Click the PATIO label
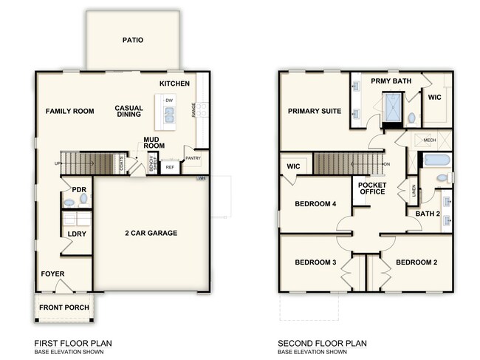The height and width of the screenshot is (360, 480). tap(133, 40)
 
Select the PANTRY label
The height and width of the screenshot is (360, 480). tap(193, 157)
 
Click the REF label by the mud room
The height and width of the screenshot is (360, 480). tap(170, 167)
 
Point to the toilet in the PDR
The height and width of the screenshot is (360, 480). tap(70, 201)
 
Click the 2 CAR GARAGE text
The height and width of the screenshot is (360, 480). tap(151, 233)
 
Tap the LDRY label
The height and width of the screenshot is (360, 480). tap(76, 234)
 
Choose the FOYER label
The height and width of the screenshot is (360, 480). tap(52, 274)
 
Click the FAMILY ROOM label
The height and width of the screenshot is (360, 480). tap(69, 111)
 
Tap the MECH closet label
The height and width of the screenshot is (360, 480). tap(430, 139)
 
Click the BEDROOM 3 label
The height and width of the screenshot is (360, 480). tap(315, 262)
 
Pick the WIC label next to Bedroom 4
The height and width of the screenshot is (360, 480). tap(292, 167)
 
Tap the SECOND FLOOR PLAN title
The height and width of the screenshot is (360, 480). tap(321, 344)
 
